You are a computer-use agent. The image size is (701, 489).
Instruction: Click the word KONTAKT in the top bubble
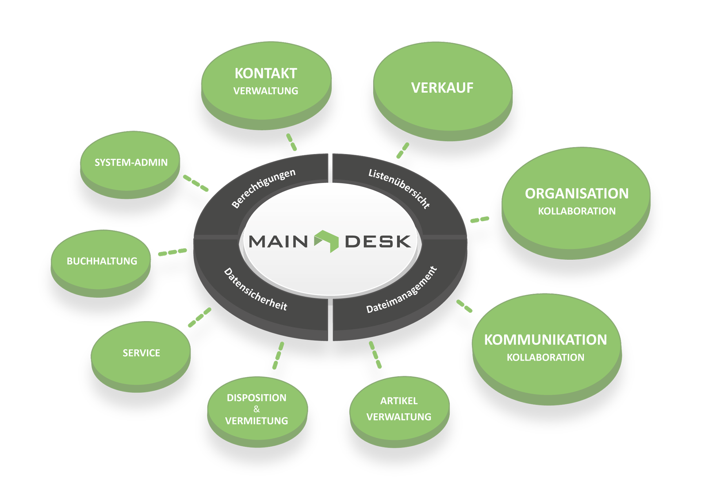[x=265, y=74]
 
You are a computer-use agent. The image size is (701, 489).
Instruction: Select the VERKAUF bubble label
[x=442, y=88]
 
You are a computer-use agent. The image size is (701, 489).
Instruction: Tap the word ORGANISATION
[x=576, y=194]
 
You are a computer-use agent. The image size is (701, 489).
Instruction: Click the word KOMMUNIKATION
[x=545, y=340]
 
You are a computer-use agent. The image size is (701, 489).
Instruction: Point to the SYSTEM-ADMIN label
[x=131, y=163]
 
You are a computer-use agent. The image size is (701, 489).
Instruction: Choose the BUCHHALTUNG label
[x=102, y=261]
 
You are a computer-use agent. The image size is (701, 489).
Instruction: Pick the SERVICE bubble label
[x=141, y=353]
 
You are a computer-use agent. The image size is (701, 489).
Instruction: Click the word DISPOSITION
[x=257, y=398]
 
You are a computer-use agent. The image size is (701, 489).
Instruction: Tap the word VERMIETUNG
[x=257, y=421]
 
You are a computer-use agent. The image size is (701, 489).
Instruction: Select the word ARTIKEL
[x=399, y=401]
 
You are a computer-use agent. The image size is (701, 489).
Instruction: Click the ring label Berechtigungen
[x=264, y=188]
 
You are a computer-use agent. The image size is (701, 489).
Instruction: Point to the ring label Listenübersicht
[x=399, y=188]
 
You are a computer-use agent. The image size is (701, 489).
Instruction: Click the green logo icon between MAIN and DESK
[x=327, y=241]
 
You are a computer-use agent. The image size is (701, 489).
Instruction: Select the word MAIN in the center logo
[x=278, y=242]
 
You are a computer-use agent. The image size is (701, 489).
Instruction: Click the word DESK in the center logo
[x=378, y=242]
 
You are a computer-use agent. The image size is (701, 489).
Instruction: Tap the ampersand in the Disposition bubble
[x=257, y=409]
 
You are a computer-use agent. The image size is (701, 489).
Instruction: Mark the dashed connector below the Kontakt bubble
[x=291, y=142]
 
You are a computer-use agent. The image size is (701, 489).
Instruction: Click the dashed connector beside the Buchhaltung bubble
[x=172, y=252]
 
